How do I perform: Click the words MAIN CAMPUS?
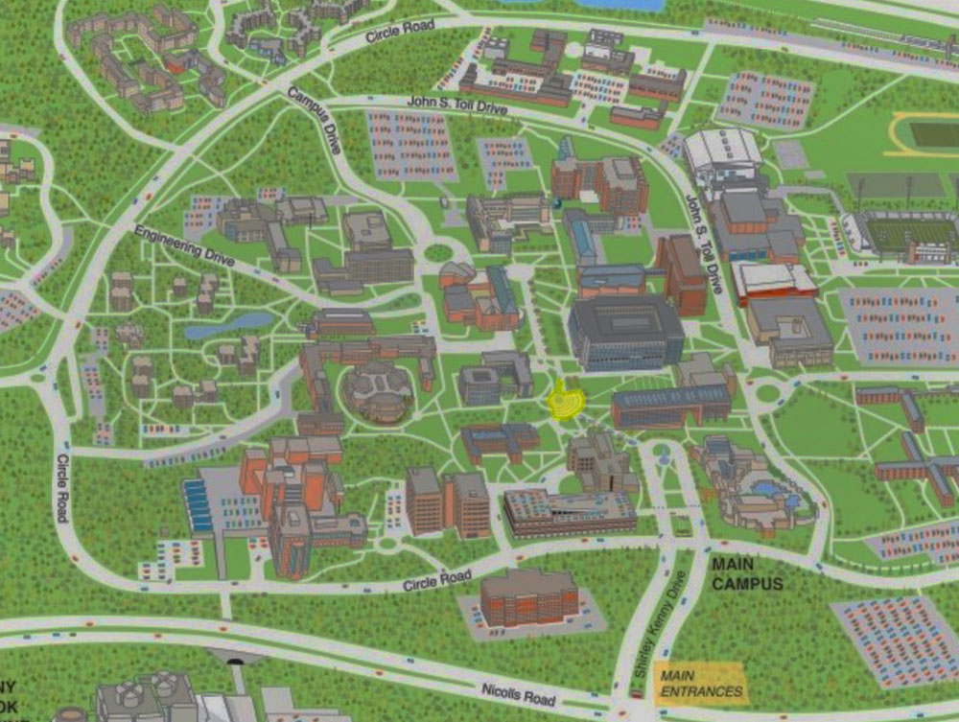point(747,574)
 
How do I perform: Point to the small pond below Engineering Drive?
point(216,326)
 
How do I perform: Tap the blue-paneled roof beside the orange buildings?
point(199,506)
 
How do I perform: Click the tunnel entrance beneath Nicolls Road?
point(235,658)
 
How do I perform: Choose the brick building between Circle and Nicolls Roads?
point(528,596)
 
